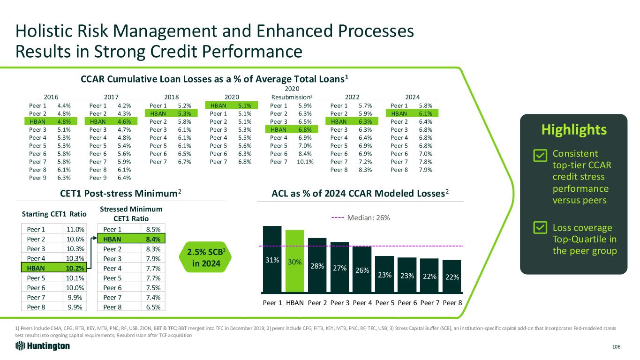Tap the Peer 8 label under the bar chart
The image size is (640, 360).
pos(452,302)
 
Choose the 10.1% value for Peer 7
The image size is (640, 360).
pos(305,162)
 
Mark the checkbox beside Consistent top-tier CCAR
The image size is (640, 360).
pos(540,155)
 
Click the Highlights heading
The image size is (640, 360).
pos(573,130)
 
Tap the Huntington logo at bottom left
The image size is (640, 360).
pos(43,346)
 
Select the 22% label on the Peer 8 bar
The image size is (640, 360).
pos(452,277)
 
